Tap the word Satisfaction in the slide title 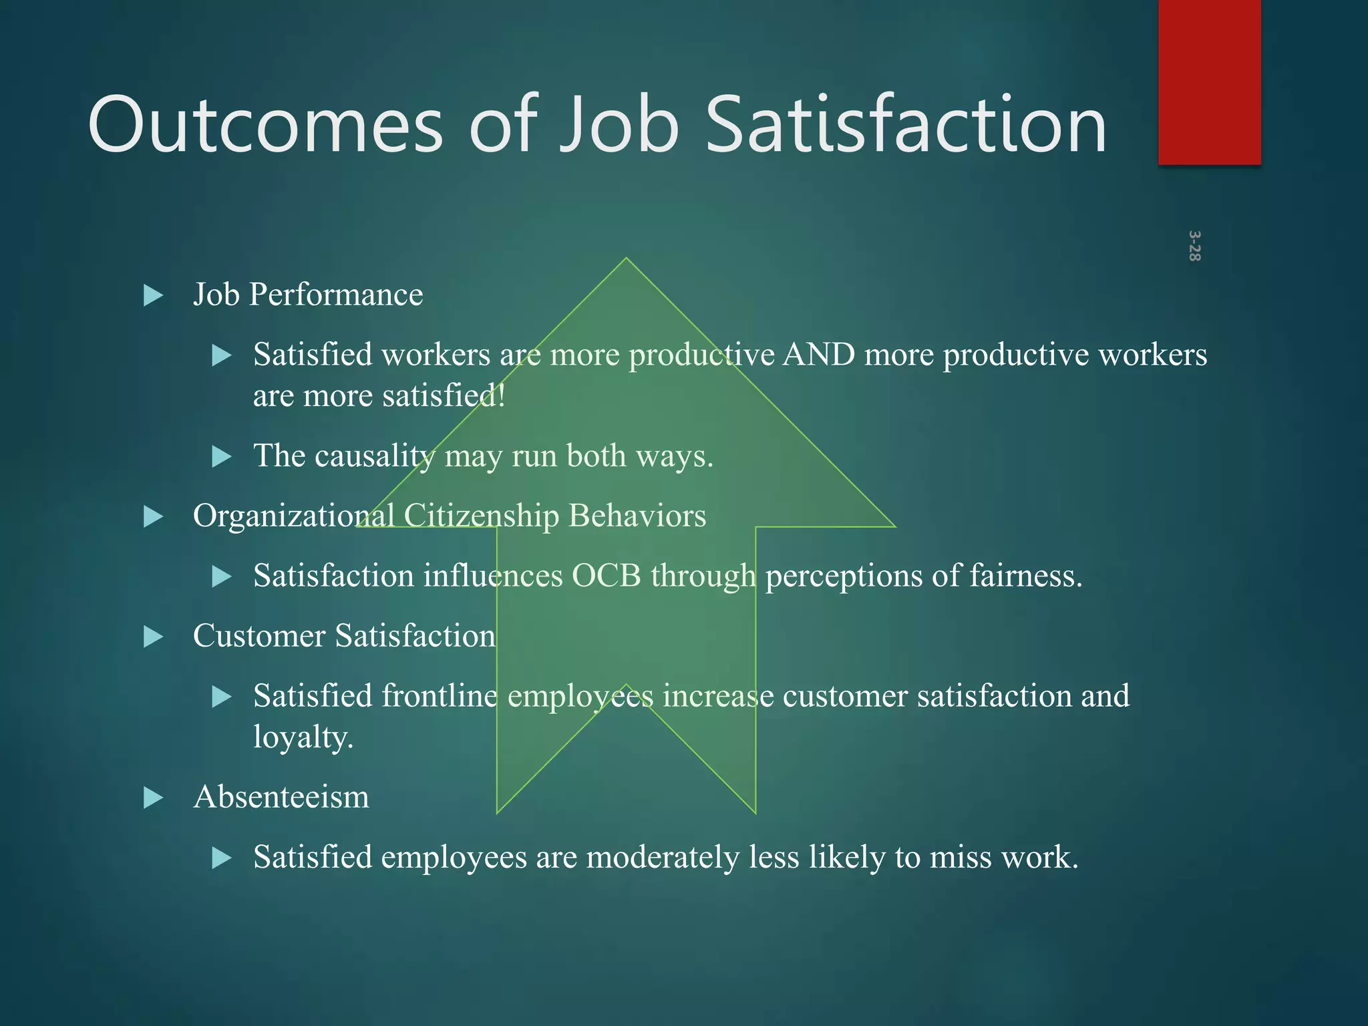[x=906, y=125]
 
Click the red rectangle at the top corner [x=1209, y=81]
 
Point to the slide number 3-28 [x=1194, y=246]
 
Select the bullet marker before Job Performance [x=154, y=295]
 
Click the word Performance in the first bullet [x=336, y=295]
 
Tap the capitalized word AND [x=818, y=355]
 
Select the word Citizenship [x=481, y=516]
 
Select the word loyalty [x=303, y=737]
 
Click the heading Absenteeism [x=281, y=797]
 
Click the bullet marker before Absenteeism [x=154, y=798]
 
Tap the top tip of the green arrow [x=626, y=261]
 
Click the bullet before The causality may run [x=221, y=457]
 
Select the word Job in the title [x=618, y=125]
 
